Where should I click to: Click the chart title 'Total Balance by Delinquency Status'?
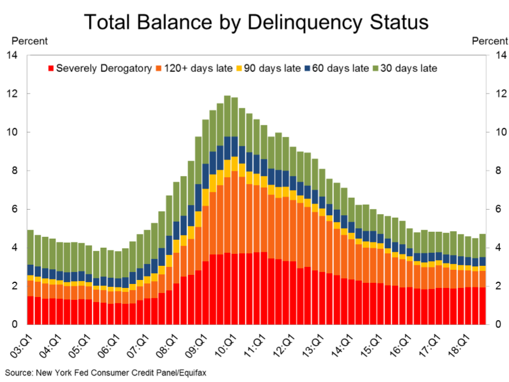256,22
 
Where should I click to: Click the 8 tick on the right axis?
499,171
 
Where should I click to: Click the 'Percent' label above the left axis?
29,41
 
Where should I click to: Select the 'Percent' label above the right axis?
490,41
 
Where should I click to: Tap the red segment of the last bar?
482,306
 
